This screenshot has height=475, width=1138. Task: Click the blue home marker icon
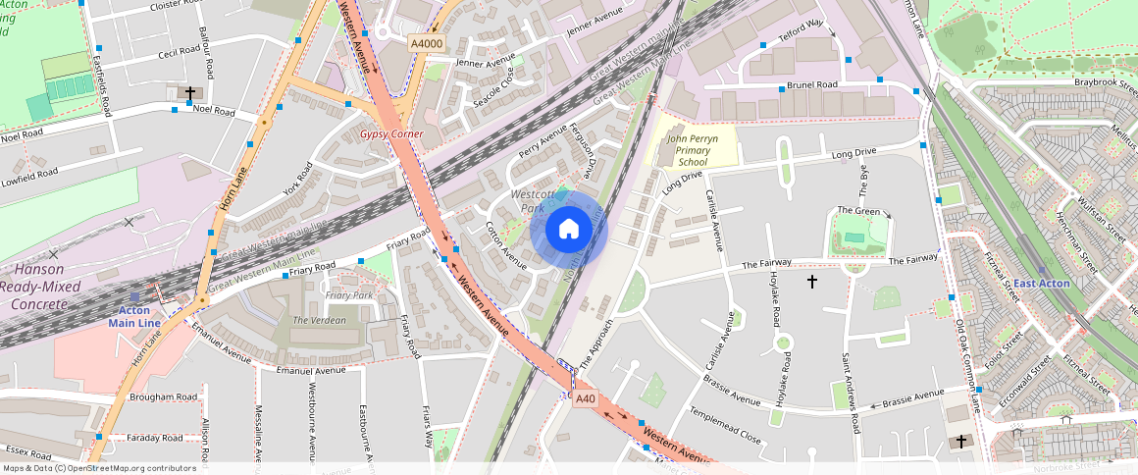569,230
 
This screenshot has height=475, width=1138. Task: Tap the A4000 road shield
426,43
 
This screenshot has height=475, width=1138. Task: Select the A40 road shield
586,398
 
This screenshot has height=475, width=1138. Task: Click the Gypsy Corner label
391,132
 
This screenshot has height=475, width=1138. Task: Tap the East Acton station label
1041,284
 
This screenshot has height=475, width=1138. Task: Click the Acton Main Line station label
135,316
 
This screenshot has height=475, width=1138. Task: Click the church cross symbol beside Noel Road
190,93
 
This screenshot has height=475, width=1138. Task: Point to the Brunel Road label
812,85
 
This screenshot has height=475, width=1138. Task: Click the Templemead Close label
725,424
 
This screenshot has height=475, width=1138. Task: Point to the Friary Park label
348,295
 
